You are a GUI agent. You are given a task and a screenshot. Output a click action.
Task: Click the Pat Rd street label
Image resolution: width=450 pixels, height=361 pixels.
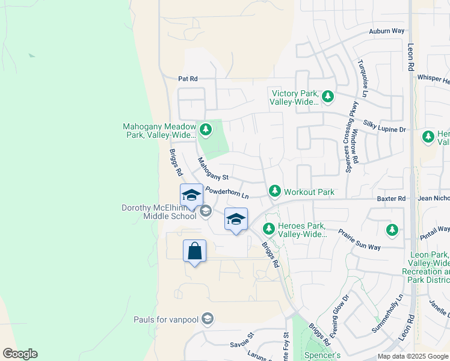point(188,79)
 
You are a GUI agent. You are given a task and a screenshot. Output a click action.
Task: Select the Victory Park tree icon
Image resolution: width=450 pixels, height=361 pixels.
point(328,96)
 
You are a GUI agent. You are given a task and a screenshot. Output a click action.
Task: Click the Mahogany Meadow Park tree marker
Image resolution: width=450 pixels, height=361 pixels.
point(206,129)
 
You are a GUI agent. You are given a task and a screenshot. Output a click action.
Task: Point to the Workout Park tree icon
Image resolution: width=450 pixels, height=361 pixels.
point(275,191)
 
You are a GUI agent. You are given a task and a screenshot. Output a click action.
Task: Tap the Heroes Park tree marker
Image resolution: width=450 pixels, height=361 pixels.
point(269,228)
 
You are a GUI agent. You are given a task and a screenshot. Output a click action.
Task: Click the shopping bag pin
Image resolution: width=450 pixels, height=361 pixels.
point(195,250)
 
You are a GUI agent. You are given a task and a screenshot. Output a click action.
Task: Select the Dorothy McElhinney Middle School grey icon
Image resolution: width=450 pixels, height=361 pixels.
point(206,210)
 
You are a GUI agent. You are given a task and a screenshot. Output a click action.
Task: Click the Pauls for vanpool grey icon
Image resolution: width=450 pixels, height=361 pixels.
point(208,318)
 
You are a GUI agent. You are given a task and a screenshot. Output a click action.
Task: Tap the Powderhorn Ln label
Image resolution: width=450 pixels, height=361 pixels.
point(227,193)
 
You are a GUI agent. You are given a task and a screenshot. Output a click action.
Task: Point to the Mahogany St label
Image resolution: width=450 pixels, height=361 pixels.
point(214,170)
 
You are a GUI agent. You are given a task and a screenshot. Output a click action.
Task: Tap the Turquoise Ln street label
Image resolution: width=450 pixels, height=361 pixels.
point(362,78)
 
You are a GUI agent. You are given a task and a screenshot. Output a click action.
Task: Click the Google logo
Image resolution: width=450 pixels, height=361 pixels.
point(20,354)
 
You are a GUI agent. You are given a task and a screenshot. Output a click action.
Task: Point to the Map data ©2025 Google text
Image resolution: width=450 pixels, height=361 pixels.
point(413,356)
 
